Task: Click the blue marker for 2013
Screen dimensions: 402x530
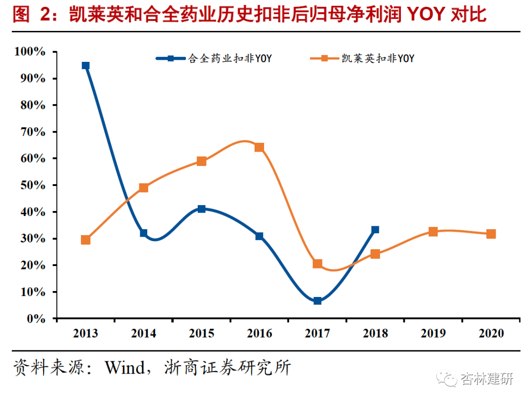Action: coord(85,65)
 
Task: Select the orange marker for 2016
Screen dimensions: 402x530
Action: coord(259,147)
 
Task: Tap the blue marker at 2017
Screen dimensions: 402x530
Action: coord(318,300)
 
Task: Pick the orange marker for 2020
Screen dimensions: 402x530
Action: coord(491,234)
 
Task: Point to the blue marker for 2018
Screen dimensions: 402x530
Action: coord(375,229)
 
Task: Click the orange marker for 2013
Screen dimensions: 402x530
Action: coord(85,240)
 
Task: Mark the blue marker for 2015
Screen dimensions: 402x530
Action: coord(201,209)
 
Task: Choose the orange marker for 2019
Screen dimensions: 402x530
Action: coord(433,232)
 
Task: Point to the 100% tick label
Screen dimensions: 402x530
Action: coord(30,52)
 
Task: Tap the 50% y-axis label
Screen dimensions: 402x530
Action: coord(33,185)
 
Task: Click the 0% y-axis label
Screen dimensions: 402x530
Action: coord(36,319)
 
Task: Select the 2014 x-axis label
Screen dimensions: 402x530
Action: coord(143,333)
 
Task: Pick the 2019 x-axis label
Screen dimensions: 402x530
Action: coord(433,333)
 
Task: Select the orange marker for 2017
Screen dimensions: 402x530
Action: coord(318,264)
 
